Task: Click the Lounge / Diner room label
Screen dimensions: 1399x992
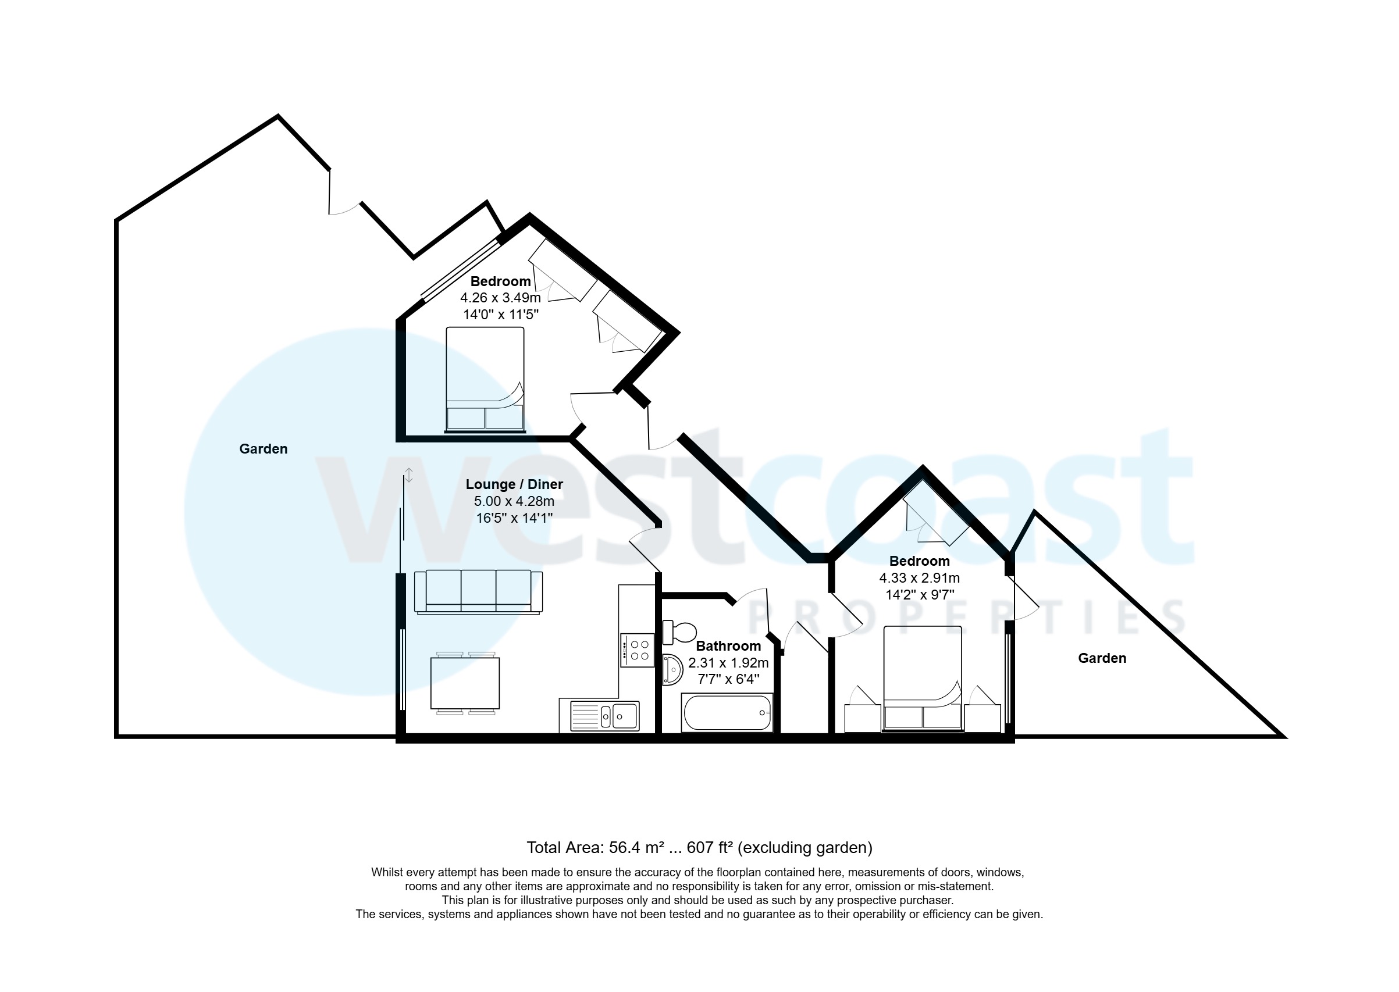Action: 514,484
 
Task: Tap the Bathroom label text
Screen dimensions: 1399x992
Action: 728,646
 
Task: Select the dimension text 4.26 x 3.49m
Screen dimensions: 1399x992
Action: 500,298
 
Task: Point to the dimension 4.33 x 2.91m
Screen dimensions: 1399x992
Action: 920,578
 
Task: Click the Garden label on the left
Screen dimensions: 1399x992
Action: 264,449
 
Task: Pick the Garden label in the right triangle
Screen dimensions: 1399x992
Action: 1102,658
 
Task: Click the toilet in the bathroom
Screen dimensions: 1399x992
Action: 679,631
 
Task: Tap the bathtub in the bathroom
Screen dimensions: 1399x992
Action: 727,713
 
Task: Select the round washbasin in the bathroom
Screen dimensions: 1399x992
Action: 672,670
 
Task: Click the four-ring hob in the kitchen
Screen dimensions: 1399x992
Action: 637,651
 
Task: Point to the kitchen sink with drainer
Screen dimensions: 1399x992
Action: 604,715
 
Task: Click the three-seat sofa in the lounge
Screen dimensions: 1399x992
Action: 478,591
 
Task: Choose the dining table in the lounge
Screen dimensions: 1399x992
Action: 465,683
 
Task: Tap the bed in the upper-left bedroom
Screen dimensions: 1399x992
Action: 485,379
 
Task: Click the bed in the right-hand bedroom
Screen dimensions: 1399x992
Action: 923,679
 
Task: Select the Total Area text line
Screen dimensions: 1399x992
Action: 699,847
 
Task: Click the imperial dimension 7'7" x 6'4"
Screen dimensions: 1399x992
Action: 728,679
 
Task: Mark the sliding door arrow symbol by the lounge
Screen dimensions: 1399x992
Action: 409,475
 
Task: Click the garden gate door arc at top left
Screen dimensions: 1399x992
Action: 345,208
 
